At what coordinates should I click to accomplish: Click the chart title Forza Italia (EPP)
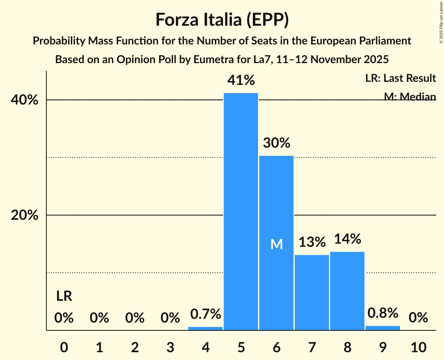(x=222, y=19)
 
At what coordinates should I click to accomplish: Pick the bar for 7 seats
(x=312, y=292)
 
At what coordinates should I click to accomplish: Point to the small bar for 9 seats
(x=383, y=328)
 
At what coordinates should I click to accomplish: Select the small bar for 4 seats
(x=205, y=328)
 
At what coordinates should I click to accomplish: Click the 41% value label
(x=241, y=80)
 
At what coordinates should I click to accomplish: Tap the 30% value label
(x=276, y=143)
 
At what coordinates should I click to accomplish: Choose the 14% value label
(x=347, y=239)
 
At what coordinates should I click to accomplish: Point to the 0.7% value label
(x=205, y=313)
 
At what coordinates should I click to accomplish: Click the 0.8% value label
(x=383, y=312)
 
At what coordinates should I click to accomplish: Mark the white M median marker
(x=276, y=244)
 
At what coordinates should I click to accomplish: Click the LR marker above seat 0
(x=64, y=296)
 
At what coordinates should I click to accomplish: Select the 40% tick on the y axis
(x=25, y=100)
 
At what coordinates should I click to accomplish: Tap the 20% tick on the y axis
(x=25, y=215)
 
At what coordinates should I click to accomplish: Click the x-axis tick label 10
(x=418, y=346)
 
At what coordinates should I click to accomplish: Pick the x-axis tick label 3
(x=170, y=346)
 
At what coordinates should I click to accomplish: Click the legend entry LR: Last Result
(x=400, y=78)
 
